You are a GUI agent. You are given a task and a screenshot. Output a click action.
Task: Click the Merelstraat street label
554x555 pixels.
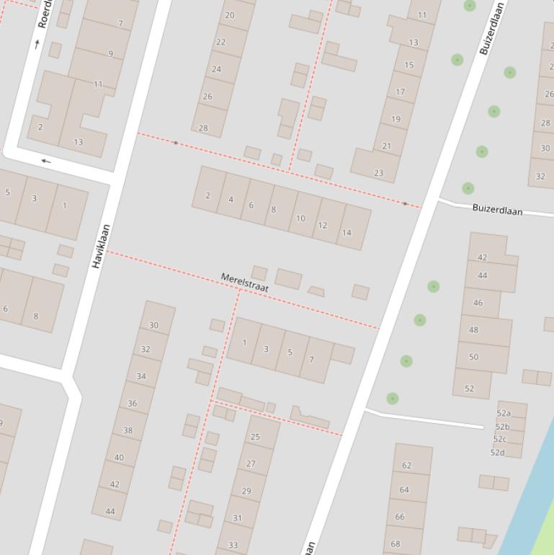245,282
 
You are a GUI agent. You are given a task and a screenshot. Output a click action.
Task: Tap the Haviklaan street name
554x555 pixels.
101,247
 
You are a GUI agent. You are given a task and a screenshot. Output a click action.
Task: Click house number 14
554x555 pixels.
347,232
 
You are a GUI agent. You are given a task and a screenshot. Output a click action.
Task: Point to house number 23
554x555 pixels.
378,173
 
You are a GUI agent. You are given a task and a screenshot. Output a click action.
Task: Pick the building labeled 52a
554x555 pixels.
504,414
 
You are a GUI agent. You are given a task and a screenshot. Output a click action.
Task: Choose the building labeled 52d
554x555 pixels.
497,453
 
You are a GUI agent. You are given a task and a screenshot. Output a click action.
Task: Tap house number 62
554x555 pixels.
406,466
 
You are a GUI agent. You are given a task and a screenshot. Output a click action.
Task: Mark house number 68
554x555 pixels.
396,543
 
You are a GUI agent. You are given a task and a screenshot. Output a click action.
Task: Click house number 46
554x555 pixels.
478,303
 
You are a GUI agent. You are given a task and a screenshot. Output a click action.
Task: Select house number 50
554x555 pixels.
473,357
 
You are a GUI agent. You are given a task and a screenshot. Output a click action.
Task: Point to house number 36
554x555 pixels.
132,404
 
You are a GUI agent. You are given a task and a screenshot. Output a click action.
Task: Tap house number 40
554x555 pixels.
119,457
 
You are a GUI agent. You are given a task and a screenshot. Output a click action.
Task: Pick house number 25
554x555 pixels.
254,437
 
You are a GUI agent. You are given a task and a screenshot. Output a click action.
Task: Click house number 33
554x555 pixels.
233,545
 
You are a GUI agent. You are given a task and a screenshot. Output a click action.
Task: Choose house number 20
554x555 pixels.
230,15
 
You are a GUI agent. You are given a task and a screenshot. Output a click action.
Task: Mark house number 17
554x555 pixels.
400,92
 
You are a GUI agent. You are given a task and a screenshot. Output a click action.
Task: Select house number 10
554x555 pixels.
300,218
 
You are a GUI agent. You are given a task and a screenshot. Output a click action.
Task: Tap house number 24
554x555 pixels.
216,69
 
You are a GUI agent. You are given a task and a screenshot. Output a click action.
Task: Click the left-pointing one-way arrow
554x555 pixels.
46,161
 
